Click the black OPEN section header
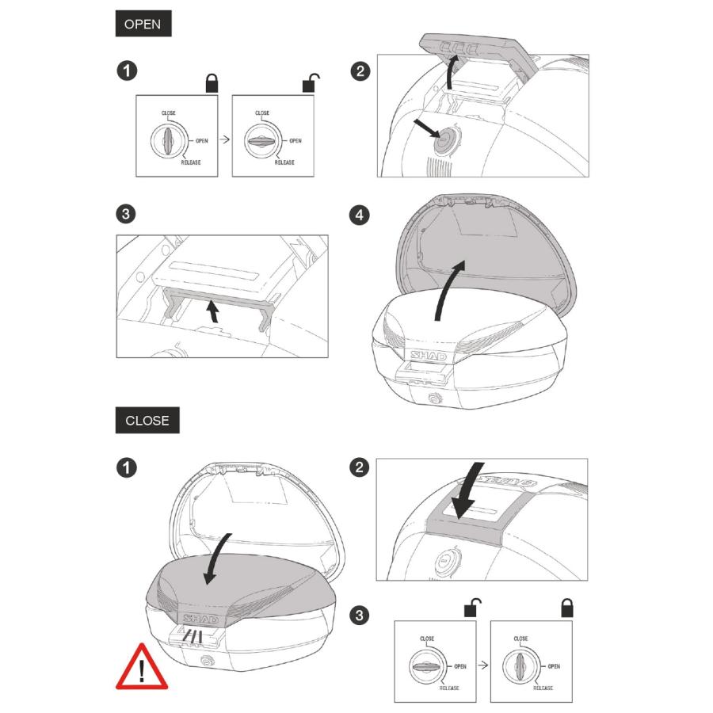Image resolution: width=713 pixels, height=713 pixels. click(143, 23)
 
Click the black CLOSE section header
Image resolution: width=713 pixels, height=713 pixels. click(147, 420)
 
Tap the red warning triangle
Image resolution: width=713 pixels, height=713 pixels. click(142, 668)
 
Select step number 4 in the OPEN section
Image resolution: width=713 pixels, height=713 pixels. click(359, 215)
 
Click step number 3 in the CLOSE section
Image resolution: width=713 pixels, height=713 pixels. click(359, 616)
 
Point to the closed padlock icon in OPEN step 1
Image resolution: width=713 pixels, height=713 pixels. click(212, 83)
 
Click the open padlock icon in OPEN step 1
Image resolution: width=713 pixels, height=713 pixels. click(310, 82)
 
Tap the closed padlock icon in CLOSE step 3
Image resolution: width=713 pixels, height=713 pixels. click(566, 608)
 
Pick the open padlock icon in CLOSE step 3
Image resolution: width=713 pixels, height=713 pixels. click(472, 608)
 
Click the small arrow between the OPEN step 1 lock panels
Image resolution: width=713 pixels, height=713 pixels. click(225, 139)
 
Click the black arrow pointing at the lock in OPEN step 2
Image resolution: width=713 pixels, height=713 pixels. click(427, 128)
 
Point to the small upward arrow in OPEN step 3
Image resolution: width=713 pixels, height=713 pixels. click(212, 311)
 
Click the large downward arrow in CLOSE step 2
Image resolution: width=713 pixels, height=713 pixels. click(470, 491)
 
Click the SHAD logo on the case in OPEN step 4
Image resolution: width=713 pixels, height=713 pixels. click(429, 356)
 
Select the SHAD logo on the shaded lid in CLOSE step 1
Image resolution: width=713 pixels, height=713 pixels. click(201, 619)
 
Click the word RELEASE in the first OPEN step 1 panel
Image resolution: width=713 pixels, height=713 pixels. click(191, 162)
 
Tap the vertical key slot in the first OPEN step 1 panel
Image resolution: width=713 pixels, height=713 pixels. click(168, 140)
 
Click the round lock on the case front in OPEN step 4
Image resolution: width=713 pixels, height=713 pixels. click(434, 398)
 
